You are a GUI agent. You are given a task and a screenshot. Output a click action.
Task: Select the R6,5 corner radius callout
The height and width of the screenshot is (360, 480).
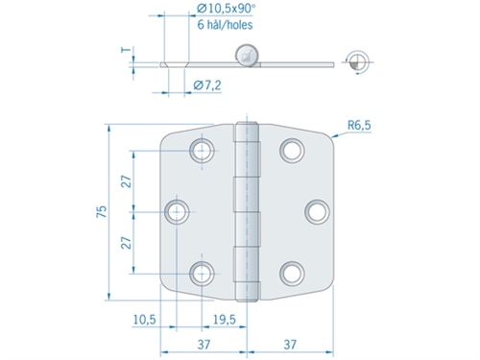coord(362,123)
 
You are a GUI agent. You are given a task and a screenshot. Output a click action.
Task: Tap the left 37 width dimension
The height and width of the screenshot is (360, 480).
coord(205,344)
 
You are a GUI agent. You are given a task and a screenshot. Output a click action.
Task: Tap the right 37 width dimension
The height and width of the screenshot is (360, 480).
coord(294,344)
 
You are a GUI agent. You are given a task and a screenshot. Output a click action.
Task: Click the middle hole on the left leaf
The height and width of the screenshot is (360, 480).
coord(178,210)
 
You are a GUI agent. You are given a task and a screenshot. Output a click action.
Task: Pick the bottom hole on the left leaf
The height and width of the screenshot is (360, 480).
coord(203,273)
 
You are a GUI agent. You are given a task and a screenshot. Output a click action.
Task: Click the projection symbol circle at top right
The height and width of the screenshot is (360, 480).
coord(358,60)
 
